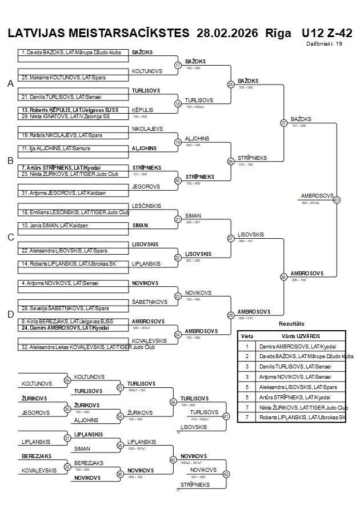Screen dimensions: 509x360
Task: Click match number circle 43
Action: (337, 200)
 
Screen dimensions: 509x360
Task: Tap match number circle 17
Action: (178, 65)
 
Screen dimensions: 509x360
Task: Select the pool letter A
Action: (10, 84)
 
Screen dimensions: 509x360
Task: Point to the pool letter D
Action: (10, 314)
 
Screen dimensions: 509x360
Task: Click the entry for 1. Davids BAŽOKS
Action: (71, 53)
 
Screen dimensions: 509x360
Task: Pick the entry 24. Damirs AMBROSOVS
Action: (63, 328)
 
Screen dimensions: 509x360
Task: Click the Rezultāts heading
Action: (291, 324)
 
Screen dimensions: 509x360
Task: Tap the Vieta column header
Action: (247, 336)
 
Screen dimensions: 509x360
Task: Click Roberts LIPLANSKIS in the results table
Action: (303, 417)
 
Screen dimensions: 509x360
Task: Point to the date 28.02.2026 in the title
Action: (227, 33)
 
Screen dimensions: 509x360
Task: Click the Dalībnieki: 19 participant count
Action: (324, 43)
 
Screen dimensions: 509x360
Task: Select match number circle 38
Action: (283, 276)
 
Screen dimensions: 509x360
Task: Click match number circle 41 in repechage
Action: (226, 416)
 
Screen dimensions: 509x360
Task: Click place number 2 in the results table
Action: (247, 356)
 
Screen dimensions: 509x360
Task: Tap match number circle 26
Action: (231, 161)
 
